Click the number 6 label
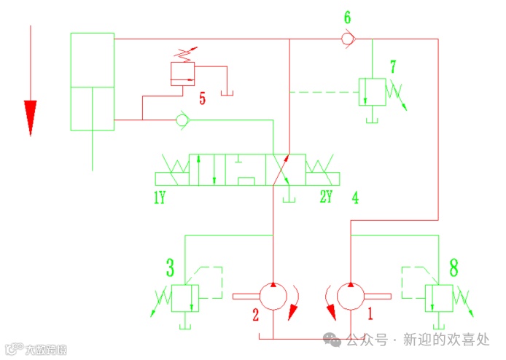coord(348,16)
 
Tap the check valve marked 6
coord(348,38)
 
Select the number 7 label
coord(393,66)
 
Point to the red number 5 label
coord(202,97)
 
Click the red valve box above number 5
coord(181,74)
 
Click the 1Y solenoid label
coord(161,197)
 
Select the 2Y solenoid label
coord(326,197)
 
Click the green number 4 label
coord(355,197)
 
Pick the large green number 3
coord(170,268)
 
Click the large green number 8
coord(454,268)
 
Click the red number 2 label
coord(255,315)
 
